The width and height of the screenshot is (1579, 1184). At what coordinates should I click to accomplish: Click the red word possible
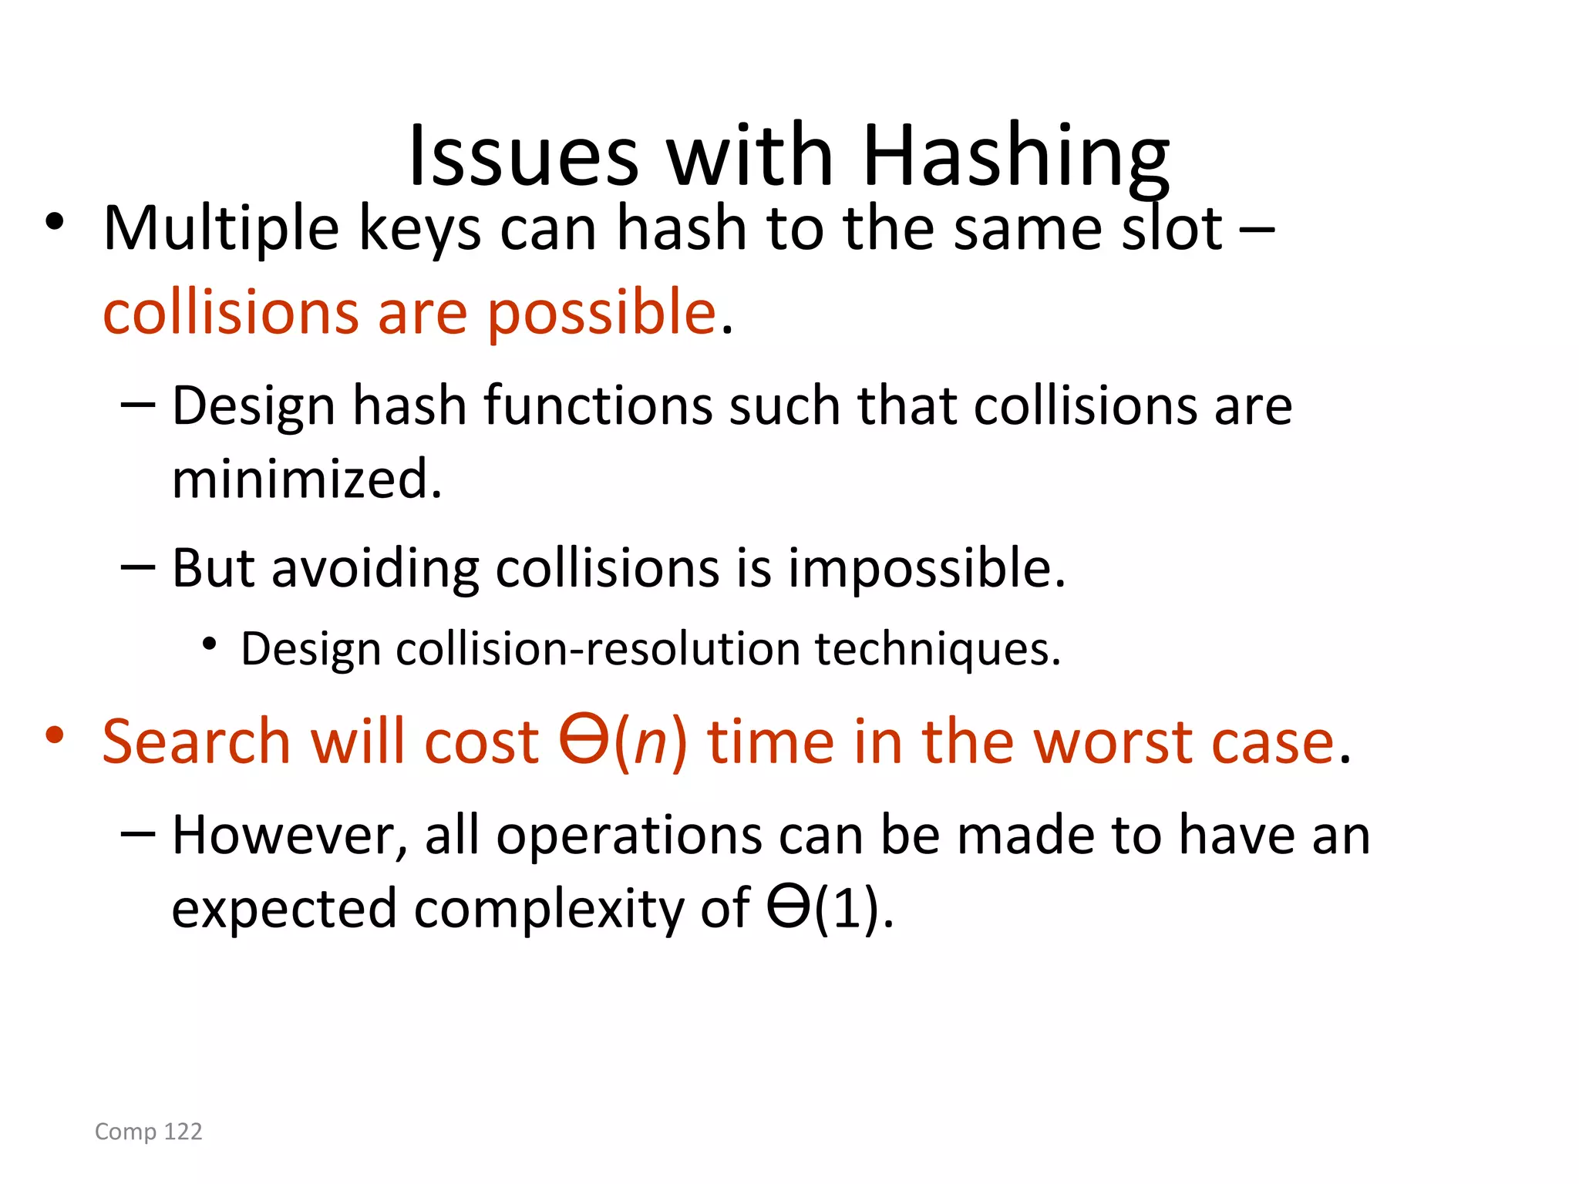tap(602, 313)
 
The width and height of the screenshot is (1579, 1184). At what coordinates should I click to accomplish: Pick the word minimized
tap(307, 479)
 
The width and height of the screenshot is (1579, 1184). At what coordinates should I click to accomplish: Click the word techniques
tap(938, 649)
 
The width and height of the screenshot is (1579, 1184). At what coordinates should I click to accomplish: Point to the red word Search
tap(197, 742)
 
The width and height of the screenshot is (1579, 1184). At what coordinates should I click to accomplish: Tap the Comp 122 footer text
tap(149, 1132)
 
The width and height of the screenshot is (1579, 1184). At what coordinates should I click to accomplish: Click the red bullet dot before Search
tap(54, 735)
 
